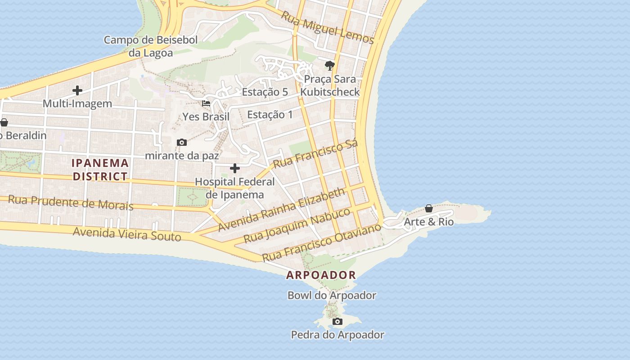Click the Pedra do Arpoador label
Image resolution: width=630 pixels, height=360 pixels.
tap(337, 335)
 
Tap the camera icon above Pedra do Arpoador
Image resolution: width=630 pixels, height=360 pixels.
tap(337, 321)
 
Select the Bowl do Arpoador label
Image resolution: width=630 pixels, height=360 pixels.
tap(332, 296)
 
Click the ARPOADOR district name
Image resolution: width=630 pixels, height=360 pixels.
tap(321, 275)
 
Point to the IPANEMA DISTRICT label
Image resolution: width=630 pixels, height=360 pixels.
tap(100, 169)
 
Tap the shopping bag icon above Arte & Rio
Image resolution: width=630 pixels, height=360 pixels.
tap(429, 208)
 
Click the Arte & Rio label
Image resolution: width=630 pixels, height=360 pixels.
tap(428, 222)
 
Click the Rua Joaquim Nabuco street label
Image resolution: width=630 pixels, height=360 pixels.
tap(297, 225)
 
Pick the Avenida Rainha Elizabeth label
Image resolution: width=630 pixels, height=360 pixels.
tap(281, 210)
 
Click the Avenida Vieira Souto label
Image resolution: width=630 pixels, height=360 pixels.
tap(127, 234)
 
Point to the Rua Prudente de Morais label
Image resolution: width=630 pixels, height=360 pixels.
tap(71, 202)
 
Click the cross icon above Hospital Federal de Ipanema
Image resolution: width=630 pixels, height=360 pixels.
tap(235, 168)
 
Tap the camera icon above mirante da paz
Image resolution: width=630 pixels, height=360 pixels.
tap(182, 142)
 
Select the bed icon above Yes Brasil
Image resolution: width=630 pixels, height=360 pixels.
tap(206, 103)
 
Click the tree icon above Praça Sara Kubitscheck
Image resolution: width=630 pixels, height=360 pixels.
tap(330, 66)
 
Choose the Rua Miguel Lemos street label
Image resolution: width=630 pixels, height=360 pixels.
tap(327, 27)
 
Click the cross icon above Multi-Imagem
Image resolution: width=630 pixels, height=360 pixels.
tap(77, 90)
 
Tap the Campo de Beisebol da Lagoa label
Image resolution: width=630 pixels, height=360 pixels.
tap(151, 46)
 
